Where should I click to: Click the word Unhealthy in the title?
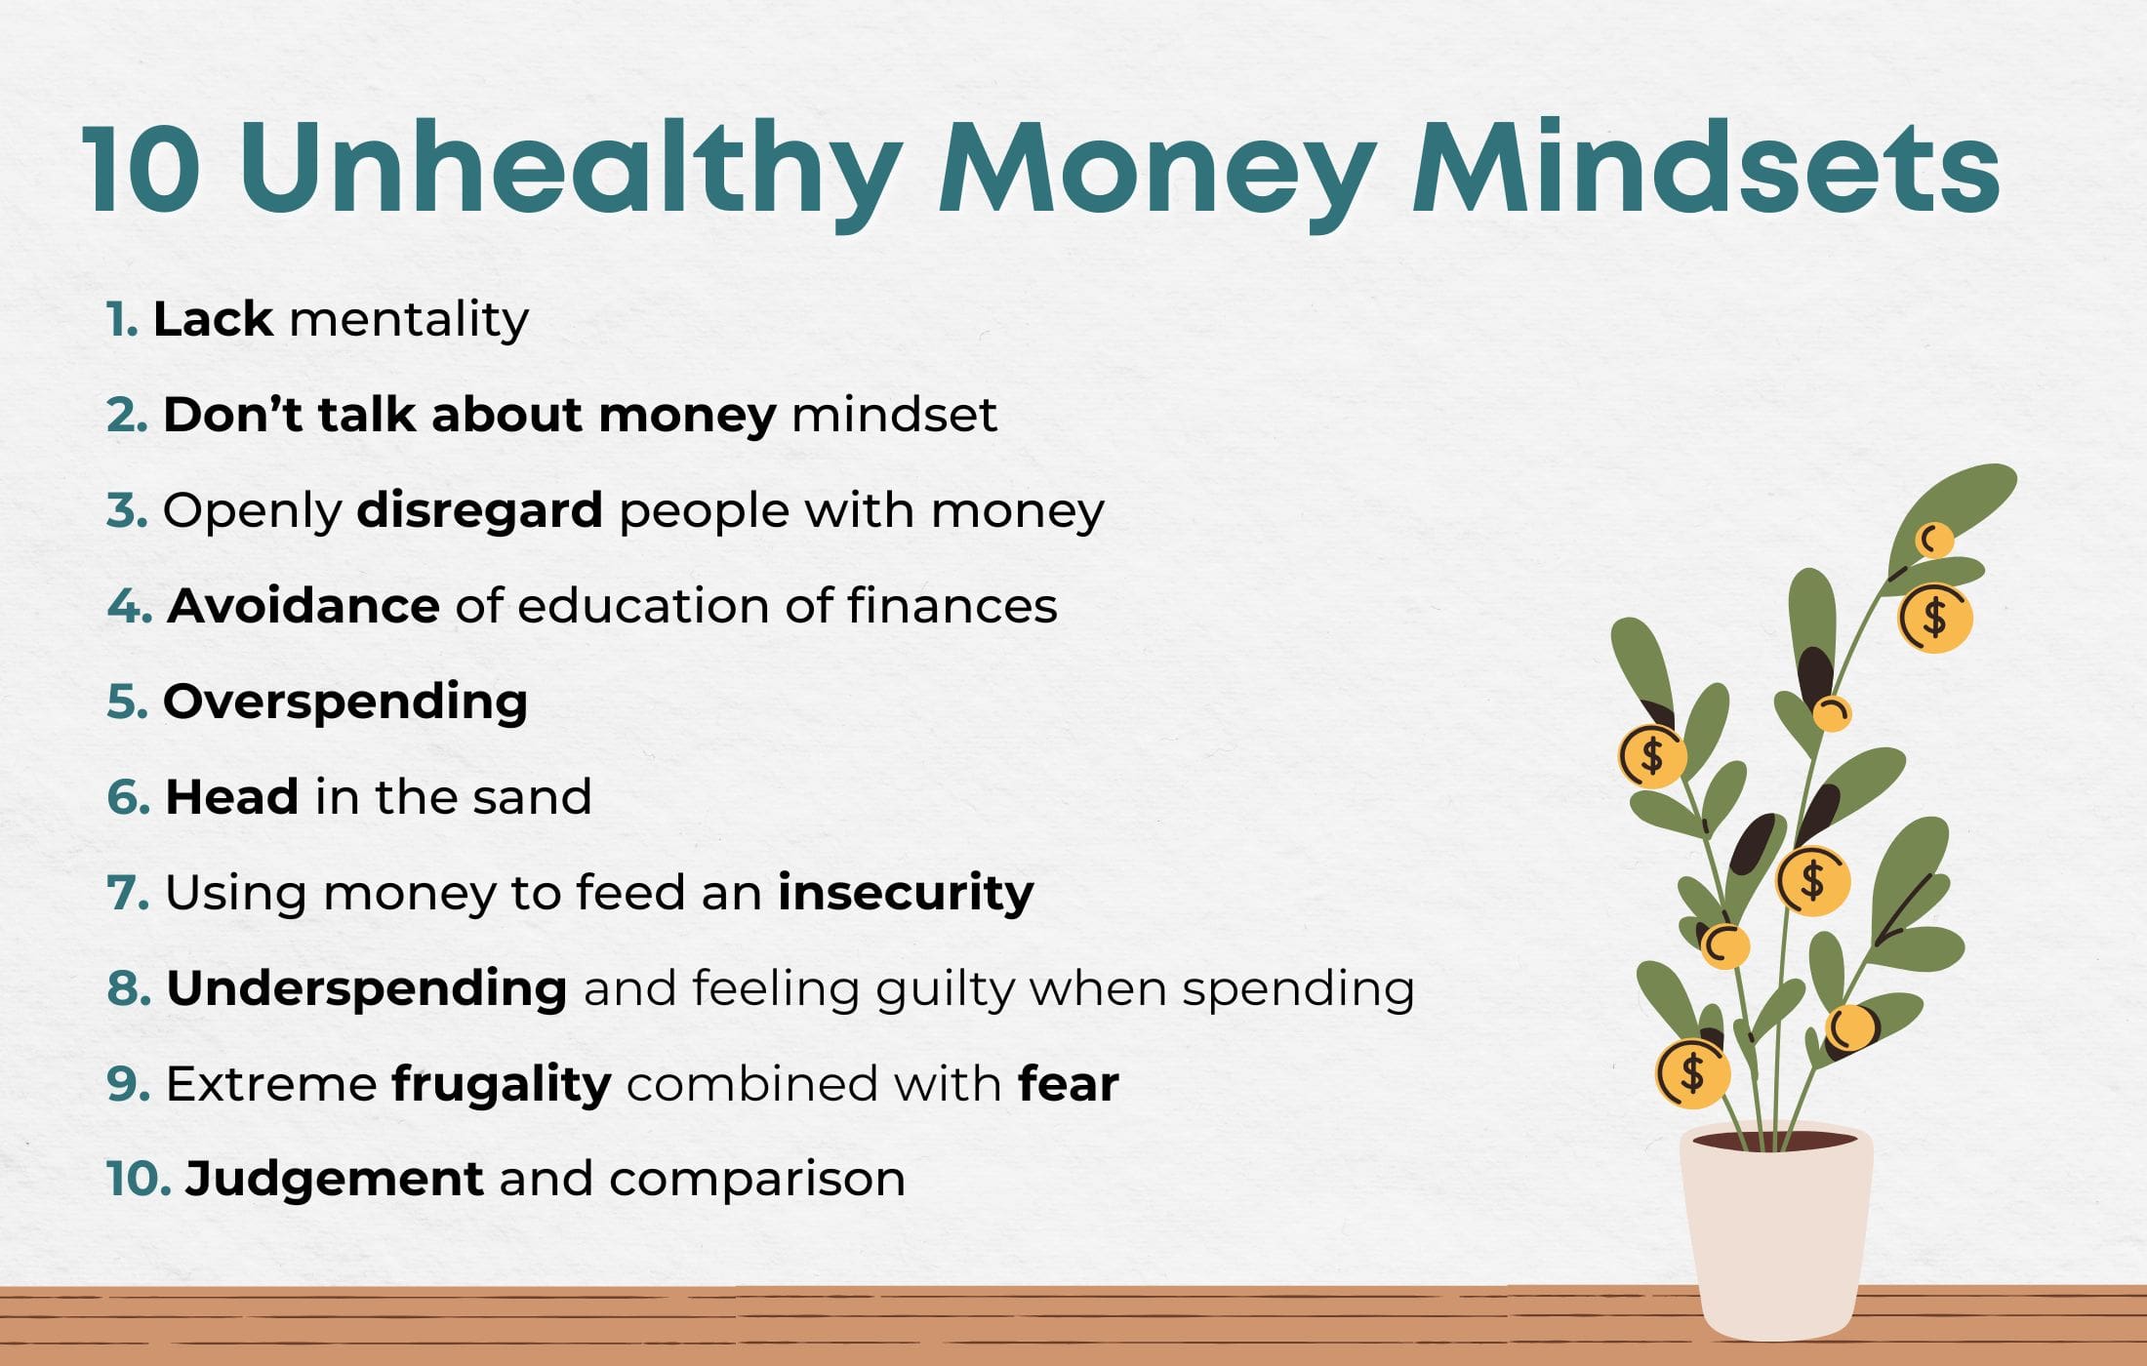571,168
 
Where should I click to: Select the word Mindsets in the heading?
1706,168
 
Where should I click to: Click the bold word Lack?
213,319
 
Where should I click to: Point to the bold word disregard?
479,510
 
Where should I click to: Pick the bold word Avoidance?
304,606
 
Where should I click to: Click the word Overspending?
344,702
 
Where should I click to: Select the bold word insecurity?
906,893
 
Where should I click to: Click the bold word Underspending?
367,988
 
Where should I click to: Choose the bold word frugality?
502,1084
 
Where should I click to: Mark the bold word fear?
1068,1084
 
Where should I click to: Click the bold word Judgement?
334,1179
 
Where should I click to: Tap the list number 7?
127,893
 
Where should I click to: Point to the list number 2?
127,415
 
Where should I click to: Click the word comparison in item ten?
757,1179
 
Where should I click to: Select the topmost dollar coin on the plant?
1934,618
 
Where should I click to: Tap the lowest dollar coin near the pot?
1692,1073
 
